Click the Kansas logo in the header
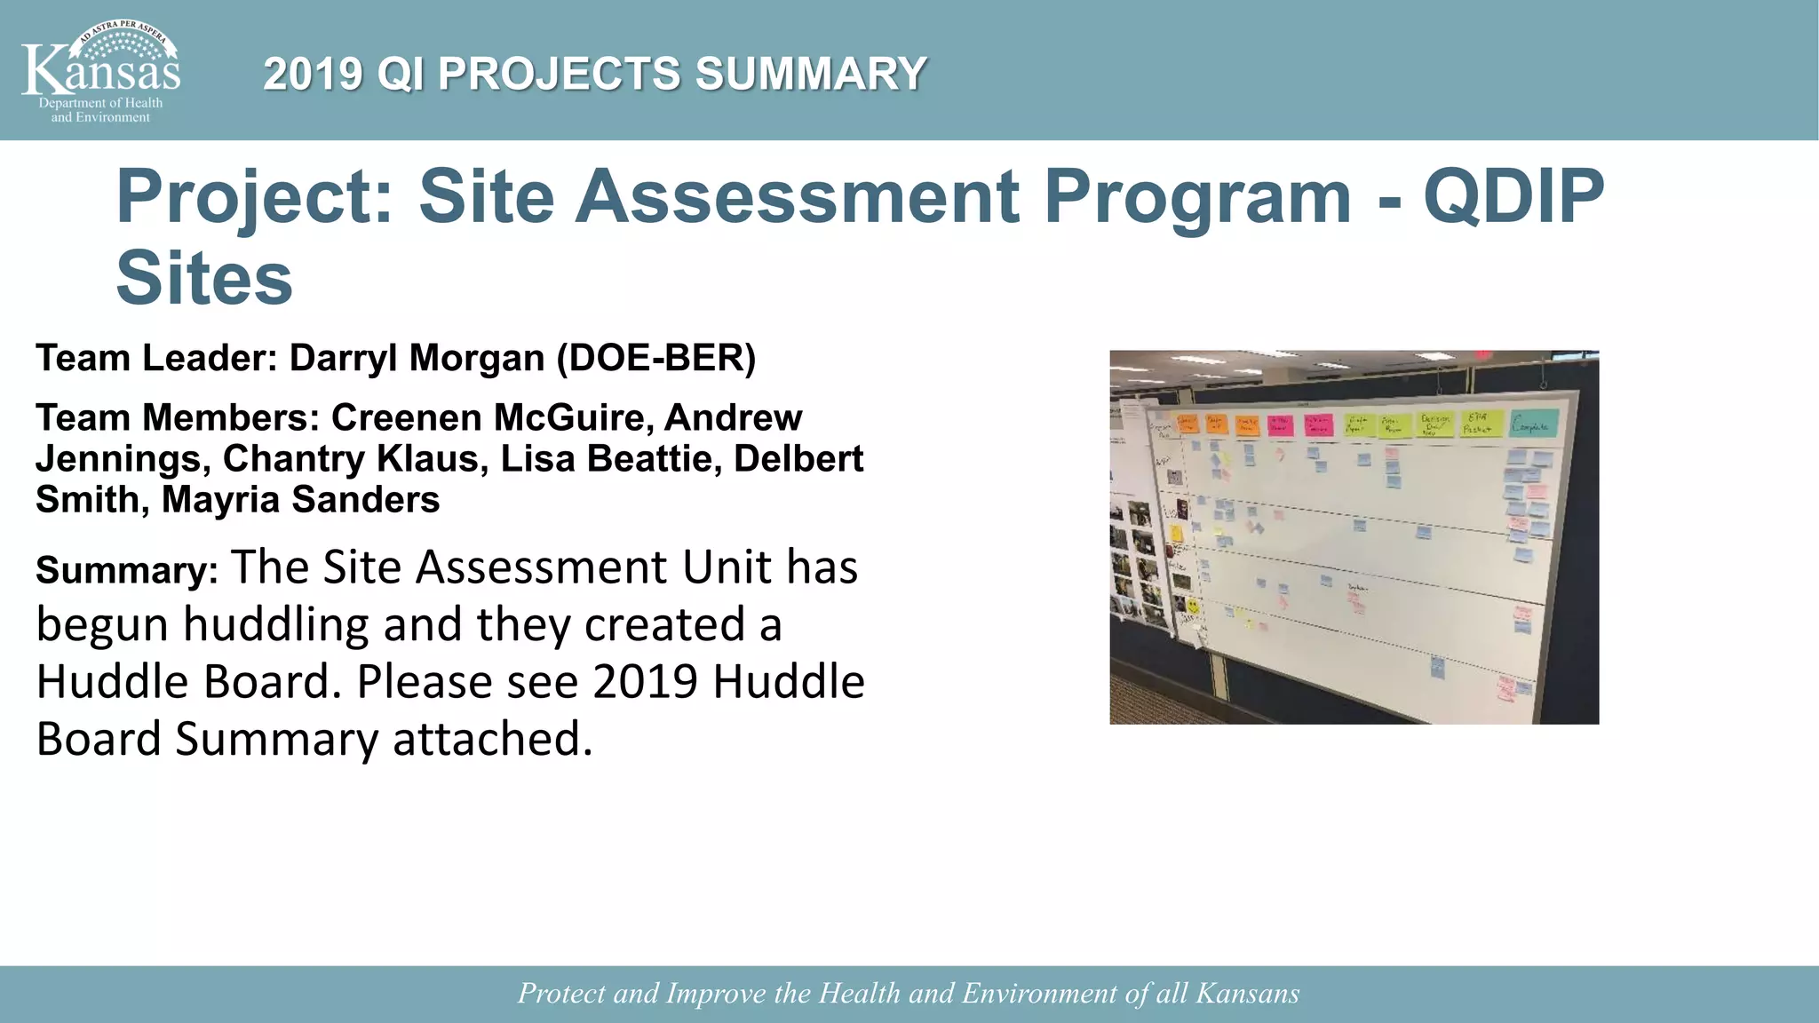(x=100, y=71)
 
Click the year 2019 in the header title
(x=313, y=74)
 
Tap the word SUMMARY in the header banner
(x=811, y=74)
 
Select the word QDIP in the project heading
(x=1513, y=196)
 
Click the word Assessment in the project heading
(x=797, y=196)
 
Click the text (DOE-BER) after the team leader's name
(x=656, y=359)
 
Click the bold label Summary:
(x=127, y=571)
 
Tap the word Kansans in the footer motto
(x=1247, y=994)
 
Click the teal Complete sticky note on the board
(x=1534, y=424)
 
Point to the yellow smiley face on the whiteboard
(x=1192, y=606)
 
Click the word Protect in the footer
(x=561, y=994)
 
